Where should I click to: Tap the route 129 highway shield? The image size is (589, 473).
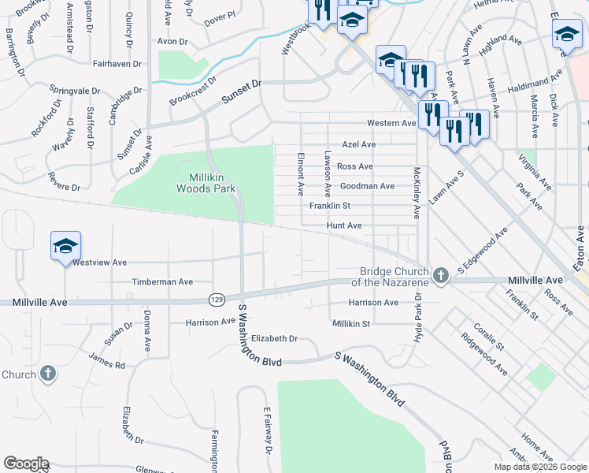pos(217,299)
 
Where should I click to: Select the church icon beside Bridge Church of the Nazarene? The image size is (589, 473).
pos(441,276)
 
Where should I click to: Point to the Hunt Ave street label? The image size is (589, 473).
pos(344,225)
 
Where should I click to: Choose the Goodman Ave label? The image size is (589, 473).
pos(366,186)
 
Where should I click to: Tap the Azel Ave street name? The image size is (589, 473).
pos(358,145)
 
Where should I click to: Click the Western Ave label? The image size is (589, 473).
pos(391,124)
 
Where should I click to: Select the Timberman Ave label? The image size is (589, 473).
pos(162,281)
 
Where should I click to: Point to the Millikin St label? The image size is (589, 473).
pos(350,324)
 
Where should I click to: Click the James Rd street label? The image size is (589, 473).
pos(107,363)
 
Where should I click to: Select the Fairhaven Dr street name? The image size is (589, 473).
pos(117,63)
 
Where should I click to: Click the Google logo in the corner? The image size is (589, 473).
pos(26,464)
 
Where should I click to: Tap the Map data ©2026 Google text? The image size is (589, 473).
pos(539,467)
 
